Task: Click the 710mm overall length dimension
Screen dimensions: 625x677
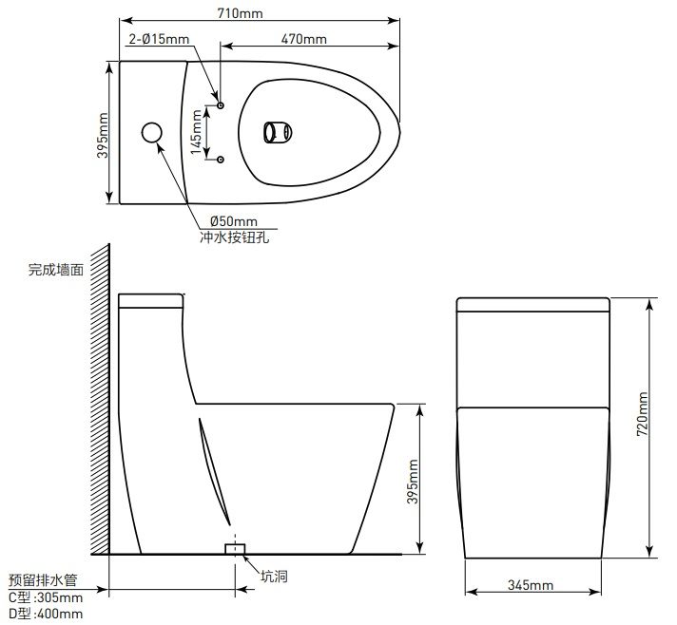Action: (240, 12)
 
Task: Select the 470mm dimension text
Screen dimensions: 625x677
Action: (304, 39)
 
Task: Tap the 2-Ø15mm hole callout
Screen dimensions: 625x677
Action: (159, 39)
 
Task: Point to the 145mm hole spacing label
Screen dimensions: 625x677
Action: (197, 132)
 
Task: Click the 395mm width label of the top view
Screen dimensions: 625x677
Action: (103, 134)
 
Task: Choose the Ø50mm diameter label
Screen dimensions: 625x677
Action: (221, 222)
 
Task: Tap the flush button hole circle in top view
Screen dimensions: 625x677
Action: (152, 133)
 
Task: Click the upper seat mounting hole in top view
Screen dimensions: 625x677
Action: (221, 104)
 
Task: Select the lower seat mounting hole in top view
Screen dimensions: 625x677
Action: (221, 159)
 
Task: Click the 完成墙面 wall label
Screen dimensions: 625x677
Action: (55, 270)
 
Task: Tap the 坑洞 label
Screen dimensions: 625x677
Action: (275, 576)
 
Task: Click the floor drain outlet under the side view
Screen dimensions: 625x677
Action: (233, 549)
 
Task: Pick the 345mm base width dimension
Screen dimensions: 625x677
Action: (531, 584)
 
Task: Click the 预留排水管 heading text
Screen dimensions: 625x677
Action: (42, 578)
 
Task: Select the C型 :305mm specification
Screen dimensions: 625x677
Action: (45, 597)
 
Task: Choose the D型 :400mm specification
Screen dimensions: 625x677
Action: (45, 615)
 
